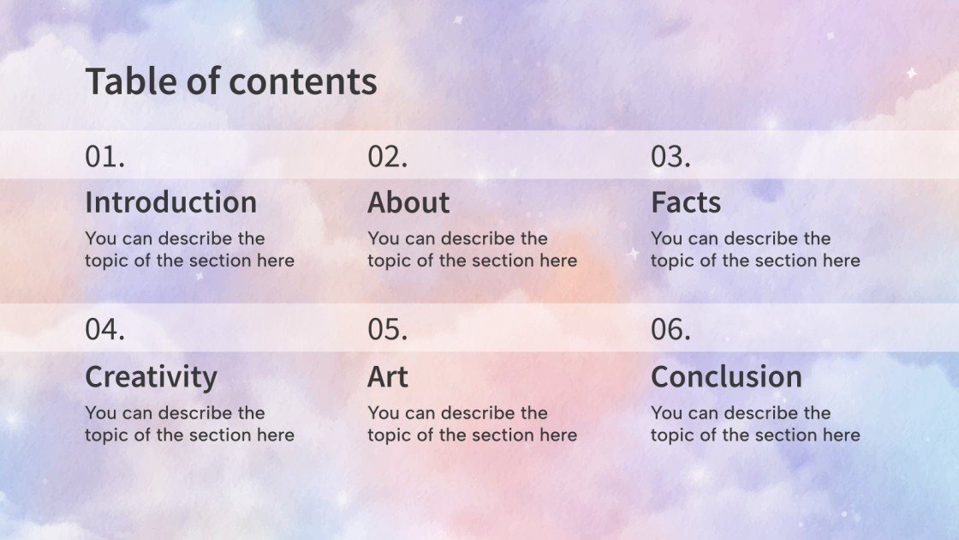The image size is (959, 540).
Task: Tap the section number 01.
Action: coord(104,157)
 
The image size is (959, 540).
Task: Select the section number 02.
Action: coord(388,157)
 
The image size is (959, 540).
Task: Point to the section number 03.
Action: coord(670,157)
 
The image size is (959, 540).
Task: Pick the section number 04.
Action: coord(104,330)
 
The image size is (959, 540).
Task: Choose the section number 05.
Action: coord(388,330)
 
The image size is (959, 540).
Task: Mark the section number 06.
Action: coord(670,330)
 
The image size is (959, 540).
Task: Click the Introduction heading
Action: coord(170,202)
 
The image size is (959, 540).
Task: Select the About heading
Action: coord(408,202)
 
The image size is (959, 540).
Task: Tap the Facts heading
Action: coord(686,202)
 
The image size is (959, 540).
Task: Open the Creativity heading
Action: coord(151,376)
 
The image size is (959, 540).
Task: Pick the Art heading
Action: coord(388,376)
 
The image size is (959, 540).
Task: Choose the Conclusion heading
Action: coord(726,376)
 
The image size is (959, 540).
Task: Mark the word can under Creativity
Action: coord(138,413)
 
